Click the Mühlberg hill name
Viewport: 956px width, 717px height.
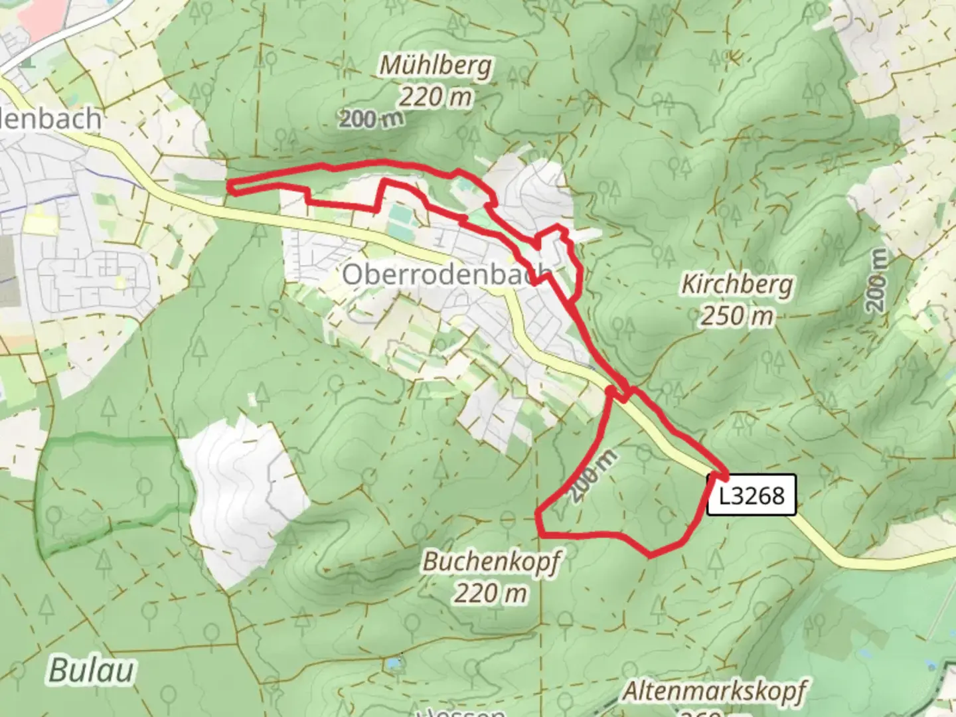[436, 66]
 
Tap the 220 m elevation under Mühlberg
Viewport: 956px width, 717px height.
[436, 98]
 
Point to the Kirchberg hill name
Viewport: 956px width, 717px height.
[737, 285]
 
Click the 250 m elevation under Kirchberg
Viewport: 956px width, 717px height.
[737, 315]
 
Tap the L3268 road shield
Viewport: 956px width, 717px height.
[751, 495]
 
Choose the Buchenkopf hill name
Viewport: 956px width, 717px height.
[491, 562]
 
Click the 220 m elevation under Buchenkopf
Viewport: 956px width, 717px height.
[491, 592]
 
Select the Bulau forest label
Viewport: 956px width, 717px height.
[91, 671]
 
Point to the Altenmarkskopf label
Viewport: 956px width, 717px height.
[714, 691]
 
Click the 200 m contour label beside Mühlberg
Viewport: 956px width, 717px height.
[372, 119]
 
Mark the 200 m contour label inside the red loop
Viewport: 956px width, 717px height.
[593, 475]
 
